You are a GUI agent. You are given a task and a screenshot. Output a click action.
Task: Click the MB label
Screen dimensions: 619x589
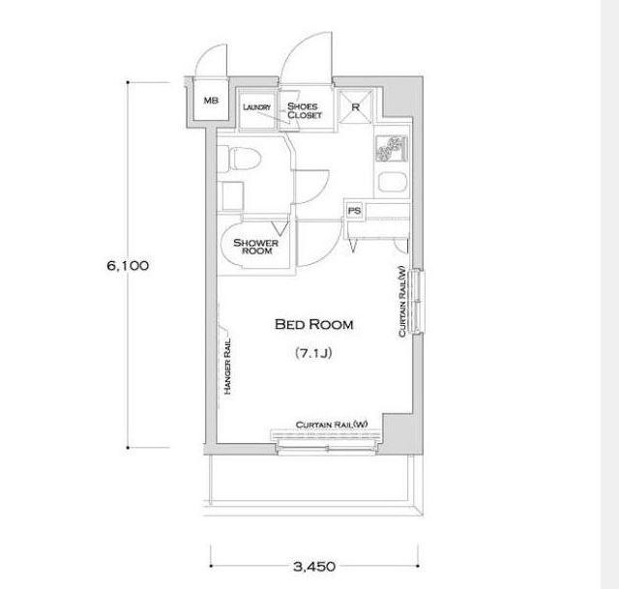(x=211, y=101)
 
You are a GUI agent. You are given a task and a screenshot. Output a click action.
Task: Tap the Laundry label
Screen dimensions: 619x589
(x=257, y=107)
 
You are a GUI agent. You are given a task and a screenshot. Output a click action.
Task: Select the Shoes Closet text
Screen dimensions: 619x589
(x=305, y=110)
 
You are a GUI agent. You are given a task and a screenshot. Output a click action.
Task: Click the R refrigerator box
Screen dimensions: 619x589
(x=355, y=106)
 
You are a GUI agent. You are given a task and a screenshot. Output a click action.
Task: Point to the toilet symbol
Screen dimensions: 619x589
(x=240, y=160)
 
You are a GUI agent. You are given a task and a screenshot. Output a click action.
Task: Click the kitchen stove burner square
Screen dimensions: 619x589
(x=392, y=148)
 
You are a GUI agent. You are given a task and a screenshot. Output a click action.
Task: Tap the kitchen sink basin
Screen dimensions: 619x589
(x=393, y=183)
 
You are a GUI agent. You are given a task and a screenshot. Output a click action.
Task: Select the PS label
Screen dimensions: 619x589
(x=354, y=211)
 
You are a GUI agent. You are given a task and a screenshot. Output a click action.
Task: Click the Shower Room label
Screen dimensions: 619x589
(x=255, y=247)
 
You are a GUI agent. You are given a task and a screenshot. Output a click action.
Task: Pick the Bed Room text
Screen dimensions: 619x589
(x=313, y=325)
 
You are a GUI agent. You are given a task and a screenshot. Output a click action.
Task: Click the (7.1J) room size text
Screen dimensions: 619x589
(x=313, y=353)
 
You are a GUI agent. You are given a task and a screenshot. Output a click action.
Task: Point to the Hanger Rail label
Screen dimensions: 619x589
(x=227, y=367)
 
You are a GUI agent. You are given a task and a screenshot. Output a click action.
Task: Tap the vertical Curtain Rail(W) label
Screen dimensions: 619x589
(x=402, y=301)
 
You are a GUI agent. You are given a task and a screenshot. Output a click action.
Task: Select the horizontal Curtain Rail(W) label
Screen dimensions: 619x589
(x=332, y=425)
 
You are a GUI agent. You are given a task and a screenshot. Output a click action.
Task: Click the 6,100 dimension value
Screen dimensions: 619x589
(x=128, y=265)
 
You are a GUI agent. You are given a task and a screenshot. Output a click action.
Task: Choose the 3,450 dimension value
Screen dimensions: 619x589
(x=314, y=567)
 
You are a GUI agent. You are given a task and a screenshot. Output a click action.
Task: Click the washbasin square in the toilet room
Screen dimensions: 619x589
(x=232, y=196)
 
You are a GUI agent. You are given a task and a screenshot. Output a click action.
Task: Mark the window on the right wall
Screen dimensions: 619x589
(x=417, y=301)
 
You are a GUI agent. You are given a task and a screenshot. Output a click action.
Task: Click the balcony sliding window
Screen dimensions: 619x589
(x=327, y=448)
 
